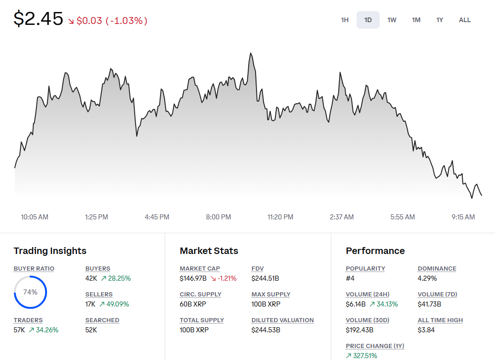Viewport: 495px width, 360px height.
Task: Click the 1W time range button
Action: (x=392, y=20)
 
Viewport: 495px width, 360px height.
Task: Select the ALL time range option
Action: (x=465, y=20)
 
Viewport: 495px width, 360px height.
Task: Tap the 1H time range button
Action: (x=345, y=20)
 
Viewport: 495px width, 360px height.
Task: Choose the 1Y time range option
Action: (x=440, y=20)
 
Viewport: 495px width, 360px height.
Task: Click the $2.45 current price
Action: (x=38, y=19)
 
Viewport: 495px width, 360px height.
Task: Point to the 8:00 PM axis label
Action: (x=218, y=217)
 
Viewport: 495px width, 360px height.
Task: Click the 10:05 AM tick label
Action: (x=35, y=217)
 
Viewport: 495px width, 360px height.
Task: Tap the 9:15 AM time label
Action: (x=463, y=217)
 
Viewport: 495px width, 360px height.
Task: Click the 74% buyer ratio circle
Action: (x=30, y=292)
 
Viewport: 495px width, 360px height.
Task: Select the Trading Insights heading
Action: (x=50, y=251)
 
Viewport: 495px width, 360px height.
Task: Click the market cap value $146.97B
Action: (x=193, y=278)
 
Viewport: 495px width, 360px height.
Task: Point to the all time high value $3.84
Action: (x=426, y=330)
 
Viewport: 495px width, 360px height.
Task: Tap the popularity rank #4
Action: (x=351, y=278)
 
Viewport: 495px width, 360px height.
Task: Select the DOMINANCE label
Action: (x=437, y=269)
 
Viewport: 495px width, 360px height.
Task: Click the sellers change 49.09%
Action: (x=118, y=304)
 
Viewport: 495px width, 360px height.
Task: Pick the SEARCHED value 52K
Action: (x=91, y=330)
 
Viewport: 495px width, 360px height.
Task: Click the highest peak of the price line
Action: (x=250, y=53)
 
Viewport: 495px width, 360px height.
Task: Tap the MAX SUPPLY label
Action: (x=271, y=295)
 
